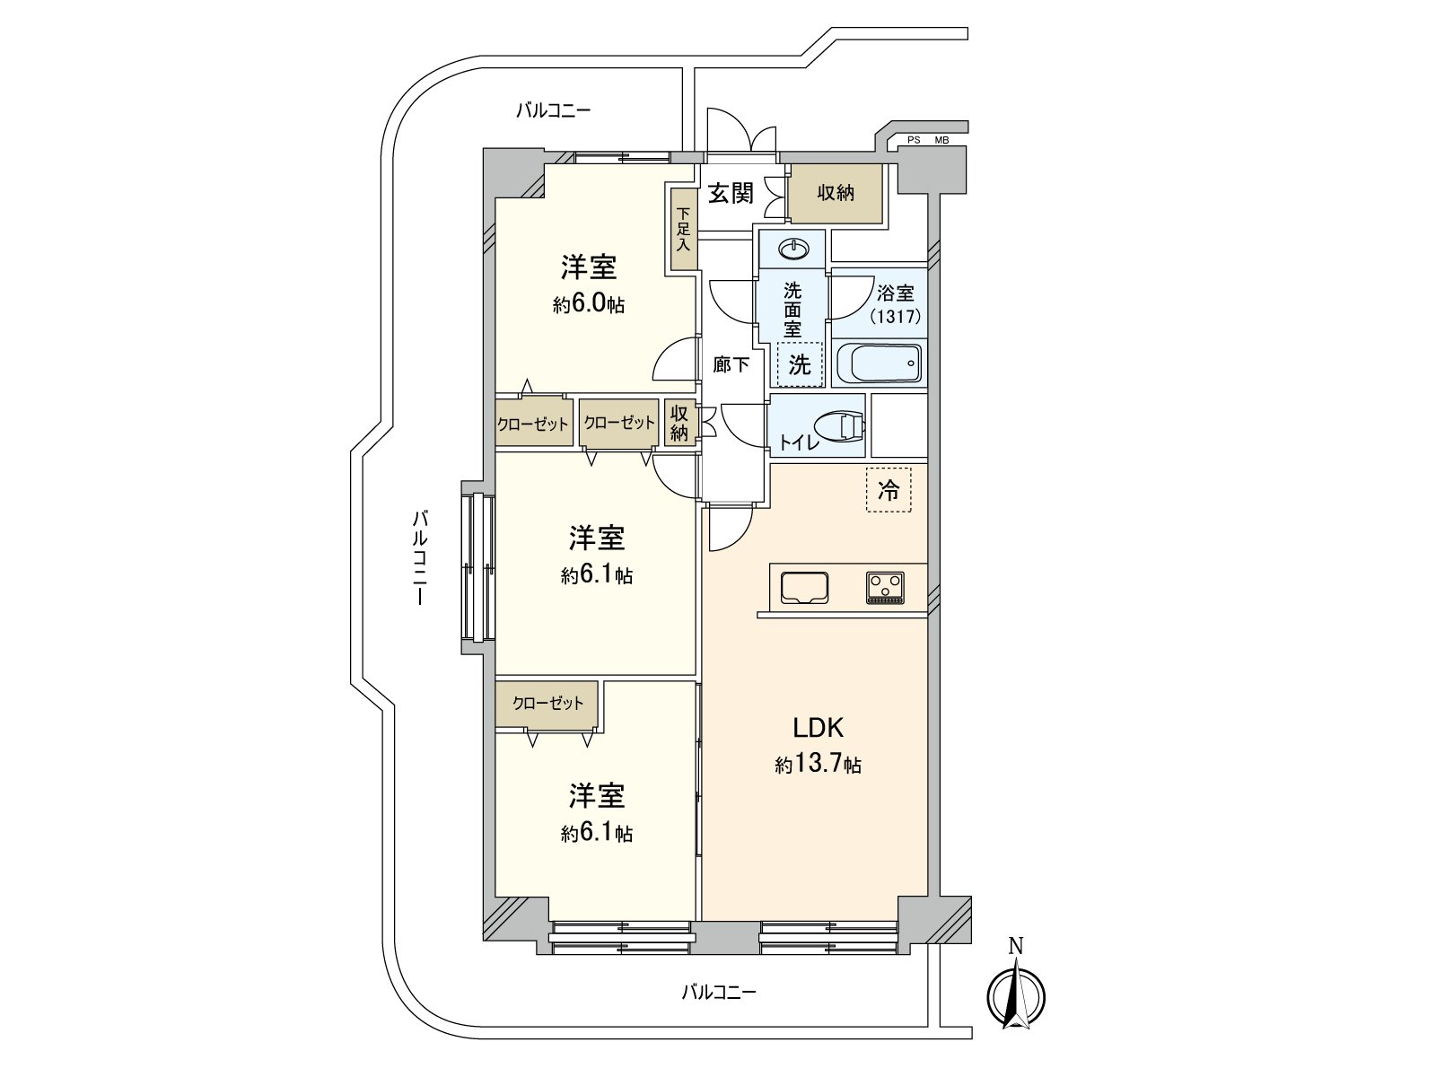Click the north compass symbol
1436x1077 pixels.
[1016, 993]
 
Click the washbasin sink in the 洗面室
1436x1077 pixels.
[792, 248]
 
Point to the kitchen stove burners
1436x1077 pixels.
[886, 588]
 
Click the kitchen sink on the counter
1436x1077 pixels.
[805, 588]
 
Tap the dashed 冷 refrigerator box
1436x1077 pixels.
[889, 490]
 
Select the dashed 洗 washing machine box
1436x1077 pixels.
[800, 364]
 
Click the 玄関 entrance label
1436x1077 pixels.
[731, 193]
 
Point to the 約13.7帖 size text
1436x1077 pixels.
[819, 765]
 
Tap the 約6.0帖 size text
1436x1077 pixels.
[589, 304]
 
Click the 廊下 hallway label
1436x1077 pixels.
[731, 364]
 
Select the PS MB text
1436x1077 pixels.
[927, 140]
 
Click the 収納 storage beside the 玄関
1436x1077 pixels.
[836, 193]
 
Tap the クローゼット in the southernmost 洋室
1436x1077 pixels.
[548, 704]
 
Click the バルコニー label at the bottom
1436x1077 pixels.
[719, 992]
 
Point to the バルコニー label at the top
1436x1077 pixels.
[554, 110]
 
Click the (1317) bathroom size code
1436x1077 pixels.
[895, 316]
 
